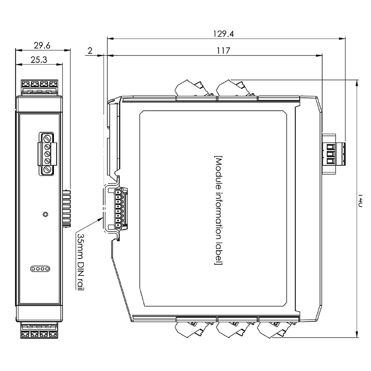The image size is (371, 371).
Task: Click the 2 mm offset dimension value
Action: point(90,50)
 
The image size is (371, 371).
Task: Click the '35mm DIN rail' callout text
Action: point(81,262)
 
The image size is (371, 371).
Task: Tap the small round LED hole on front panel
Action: point(46,214)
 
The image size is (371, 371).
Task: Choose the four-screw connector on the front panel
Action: point(47,154)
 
